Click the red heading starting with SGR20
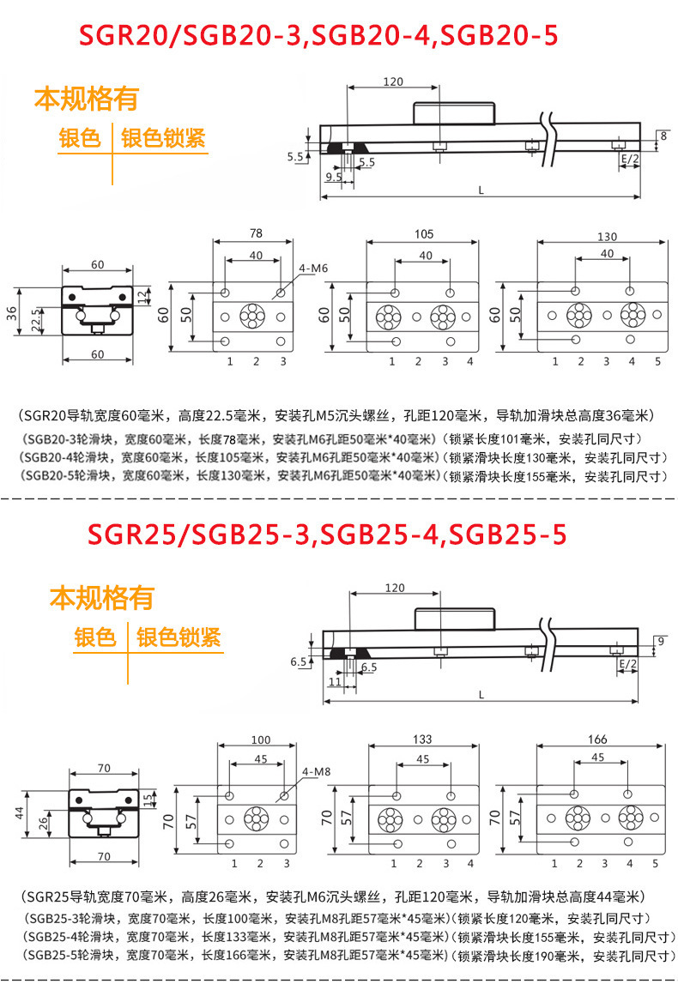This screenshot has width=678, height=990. point(318,35)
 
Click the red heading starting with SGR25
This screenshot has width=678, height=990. point(327,534)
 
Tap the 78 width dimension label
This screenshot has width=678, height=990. point(256,233)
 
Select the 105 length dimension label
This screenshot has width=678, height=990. point(424,234)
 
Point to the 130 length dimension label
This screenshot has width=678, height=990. point(608,237)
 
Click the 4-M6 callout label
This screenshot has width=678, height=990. point(313,269)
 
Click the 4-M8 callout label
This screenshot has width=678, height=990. point(316,771)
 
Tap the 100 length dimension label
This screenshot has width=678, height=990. point(260,739)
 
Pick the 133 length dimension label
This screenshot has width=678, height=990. point(422,739)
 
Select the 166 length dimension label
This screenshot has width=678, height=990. point(597,739)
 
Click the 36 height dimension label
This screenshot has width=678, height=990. point(12,312)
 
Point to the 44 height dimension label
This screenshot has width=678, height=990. point(19,813)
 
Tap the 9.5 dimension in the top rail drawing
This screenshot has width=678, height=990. point(334,177)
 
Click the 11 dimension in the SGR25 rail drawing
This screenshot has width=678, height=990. point(335,681)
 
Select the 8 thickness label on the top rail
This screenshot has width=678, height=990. point(663,136)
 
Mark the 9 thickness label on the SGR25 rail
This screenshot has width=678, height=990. point(661,641)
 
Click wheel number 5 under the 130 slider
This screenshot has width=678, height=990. point(657,362)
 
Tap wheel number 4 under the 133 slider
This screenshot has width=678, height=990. point(470,863)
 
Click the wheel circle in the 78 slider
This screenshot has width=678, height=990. point(253,316)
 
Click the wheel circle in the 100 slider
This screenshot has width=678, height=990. point(257,819)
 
